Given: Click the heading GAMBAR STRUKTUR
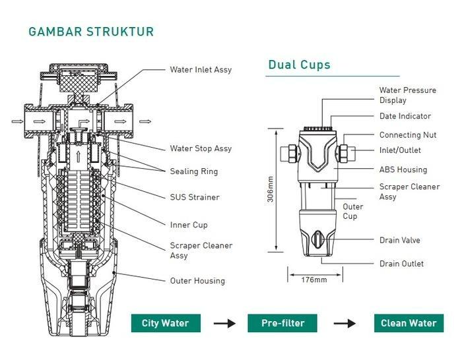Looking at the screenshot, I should point(92,32).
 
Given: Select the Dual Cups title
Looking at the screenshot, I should point(299,65).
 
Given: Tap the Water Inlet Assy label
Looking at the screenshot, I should point(201,69).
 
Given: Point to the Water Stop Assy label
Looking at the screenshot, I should point(200,148).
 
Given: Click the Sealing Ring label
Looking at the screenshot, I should point(194,171).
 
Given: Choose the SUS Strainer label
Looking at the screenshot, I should point(195,197).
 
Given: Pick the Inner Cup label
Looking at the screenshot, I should point(189,225).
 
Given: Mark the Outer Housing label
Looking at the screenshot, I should point(197,280).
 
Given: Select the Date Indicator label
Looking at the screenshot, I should point(405,116).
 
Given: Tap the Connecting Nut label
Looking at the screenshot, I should point(408,135).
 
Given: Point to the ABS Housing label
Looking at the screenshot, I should point(403,169).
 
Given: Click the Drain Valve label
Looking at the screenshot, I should point(399,240).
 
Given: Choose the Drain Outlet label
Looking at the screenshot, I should point(401,264).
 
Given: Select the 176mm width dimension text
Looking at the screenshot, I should point(313,280).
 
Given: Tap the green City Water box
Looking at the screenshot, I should point(165,323).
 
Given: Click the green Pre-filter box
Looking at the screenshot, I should point(282,323).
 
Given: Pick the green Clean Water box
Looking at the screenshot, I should point(409,323).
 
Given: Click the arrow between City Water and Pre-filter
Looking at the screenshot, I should point(224,323).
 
